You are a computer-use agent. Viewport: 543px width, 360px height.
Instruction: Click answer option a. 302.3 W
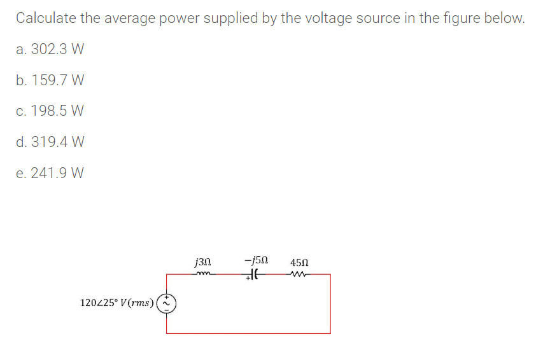click(x=50, y=49)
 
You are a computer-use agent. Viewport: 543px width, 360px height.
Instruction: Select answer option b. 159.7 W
click(x=50, y=80)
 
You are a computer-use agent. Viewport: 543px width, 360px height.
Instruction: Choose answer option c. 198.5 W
click(x=50, y=111)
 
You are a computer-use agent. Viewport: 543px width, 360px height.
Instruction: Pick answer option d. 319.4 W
click(x=50, y=141)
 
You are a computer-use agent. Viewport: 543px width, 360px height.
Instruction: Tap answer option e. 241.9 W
click(x=50, y=172)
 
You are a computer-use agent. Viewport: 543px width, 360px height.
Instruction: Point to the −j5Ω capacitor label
click(x=255, y=261)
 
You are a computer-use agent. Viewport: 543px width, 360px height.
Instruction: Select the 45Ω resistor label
click(x=299, y=261)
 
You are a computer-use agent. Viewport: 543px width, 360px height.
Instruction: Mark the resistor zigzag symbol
click(x=298, y=274)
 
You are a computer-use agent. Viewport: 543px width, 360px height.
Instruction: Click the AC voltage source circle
click(x=167, y=303)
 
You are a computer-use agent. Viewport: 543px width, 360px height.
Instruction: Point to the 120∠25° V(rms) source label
click(x=117, y=303)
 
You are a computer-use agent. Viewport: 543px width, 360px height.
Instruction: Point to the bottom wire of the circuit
click(x=248, y=333)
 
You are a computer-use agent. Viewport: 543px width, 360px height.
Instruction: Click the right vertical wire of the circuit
click(x=330, y=303)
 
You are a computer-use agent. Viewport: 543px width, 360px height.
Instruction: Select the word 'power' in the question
click(x=172, y=18)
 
